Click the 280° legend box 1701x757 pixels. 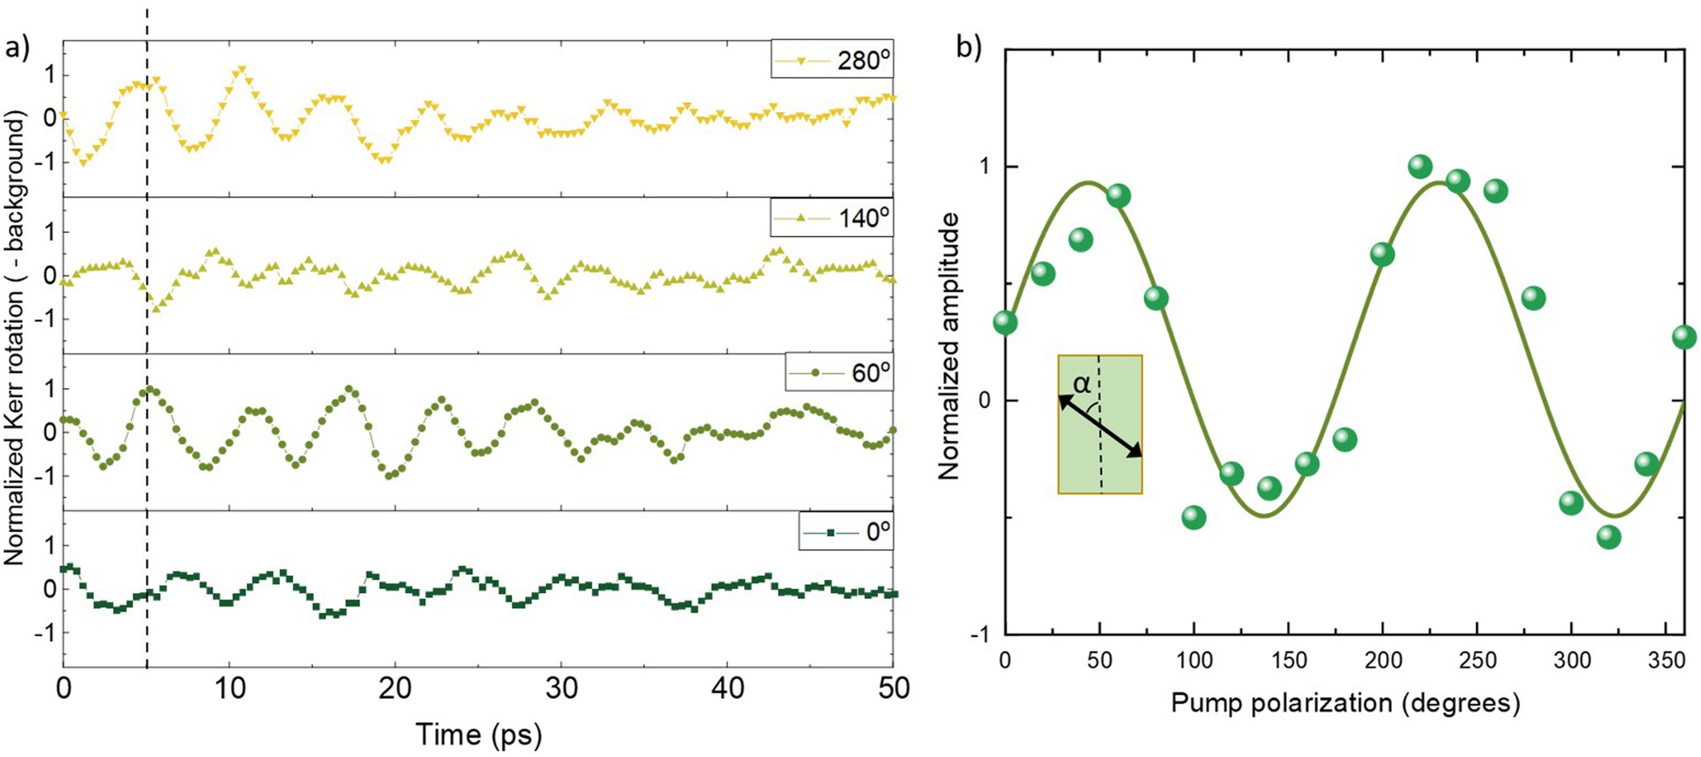(x=832, y=60)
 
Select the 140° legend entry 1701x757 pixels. (x=832, y=217)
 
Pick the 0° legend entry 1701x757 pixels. (x=846, y=531)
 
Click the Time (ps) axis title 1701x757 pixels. (x=478, y=734)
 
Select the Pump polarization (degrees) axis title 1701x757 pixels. (x=1345, y=703)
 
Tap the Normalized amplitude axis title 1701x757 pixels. (x=949, y=346)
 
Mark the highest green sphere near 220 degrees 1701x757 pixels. (x=1420, y=166)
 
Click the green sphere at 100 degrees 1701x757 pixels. (x=1194, y=517)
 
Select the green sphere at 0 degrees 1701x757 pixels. (x=1005, y=322)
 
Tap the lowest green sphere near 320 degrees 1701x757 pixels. (x=1609, y=537)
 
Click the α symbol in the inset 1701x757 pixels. (x=1082, y=384)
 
